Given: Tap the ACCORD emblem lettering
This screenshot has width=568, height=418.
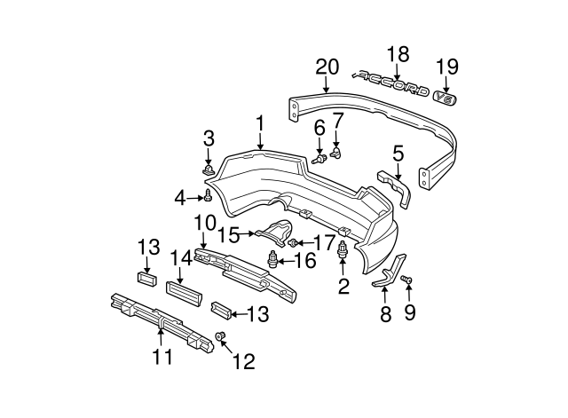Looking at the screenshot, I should (390, 85).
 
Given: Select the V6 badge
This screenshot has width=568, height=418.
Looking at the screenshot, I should (446, 99).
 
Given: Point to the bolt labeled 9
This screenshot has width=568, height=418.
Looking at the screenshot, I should (408, 280).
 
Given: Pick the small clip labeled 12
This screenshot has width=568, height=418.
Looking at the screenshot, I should (222, 336).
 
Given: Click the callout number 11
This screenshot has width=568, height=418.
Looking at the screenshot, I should (161, 358).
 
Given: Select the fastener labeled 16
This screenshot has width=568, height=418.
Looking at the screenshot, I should (272, 259).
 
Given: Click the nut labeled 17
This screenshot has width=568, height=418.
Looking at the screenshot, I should (300, 243).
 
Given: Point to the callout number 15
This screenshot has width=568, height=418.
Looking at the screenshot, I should (229, 234).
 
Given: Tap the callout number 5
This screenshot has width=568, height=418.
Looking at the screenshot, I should (398, 153).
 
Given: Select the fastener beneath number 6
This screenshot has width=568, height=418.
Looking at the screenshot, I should (319, 160).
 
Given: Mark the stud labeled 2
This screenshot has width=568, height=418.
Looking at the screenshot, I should (342, 255).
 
